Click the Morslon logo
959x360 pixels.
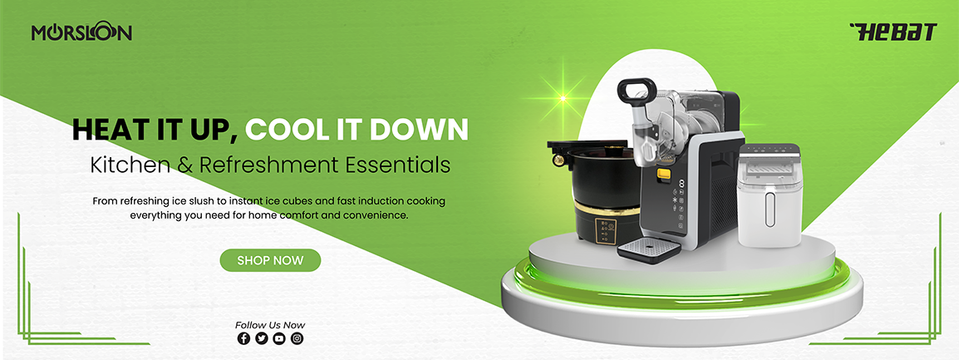[82, 32]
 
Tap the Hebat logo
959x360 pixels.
[893, 32]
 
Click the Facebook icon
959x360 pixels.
[243, 338]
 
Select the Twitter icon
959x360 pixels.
[261, 338]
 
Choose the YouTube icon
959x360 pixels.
[279, 338]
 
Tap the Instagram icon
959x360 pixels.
[297, 338]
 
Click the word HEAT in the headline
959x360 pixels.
[103, 129]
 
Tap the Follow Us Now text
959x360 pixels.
[270, 325]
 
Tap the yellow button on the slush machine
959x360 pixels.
[664, 174]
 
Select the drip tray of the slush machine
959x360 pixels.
[648, 250]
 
